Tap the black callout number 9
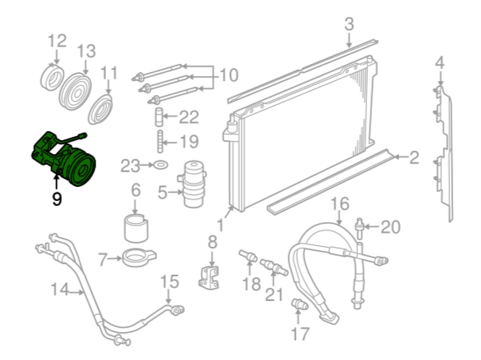coord(57,199)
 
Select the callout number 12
coord(57,40)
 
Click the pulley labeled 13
coord(75,91)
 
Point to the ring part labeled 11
coord(101,110)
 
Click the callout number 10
coord(229,75)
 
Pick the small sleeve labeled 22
coord(159,117)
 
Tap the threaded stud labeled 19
coord(160,141)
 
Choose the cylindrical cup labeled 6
coord(136,228)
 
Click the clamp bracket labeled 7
coord(139,258)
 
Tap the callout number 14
coord(60,289)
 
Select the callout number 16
coord(340,204)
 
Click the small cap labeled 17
coord(300,305)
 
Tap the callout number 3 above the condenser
coord(349,24)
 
